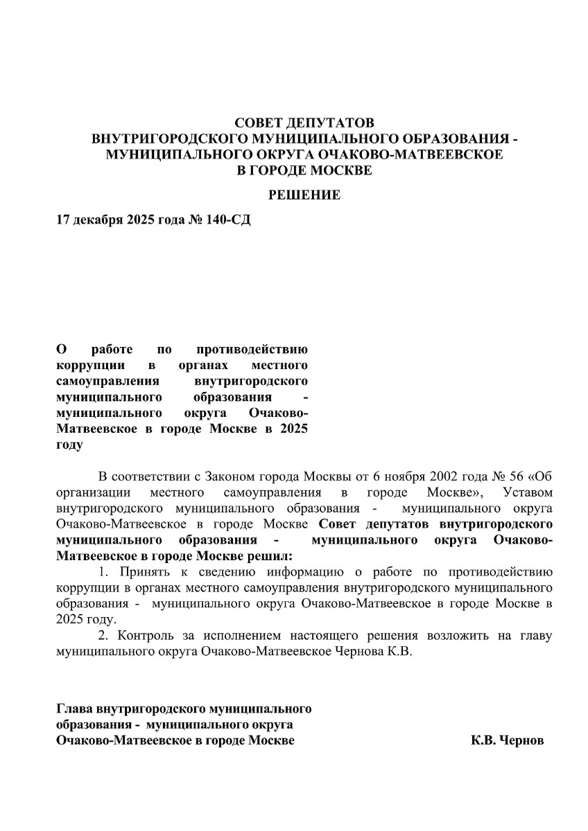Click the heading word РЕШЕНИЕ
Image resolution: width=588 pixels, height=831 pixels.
(304, 196)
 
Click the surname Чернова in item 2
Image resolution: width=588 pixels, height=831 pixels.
(354, 652)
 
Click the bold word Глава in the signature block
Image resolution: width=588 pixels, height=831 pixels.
(74, 709)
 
